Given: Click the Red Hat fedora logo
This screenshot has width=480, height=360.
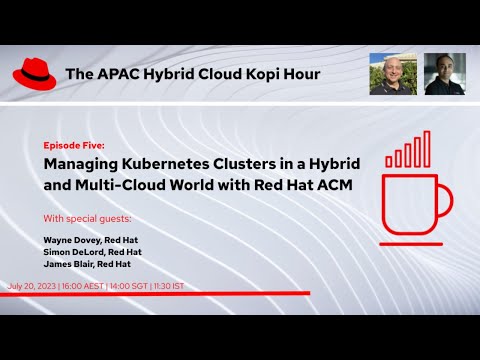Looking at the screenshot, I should (x=35, y=73).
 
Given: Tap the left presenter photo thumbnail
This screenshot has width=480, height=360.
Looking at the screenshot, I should (x=393, y=74).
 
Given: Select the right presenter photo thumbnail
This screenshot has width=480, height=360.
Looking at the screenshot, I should (x=445, y=74).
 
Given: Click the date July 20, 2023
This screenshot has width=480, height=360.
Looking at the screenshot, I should (x=31, y=286).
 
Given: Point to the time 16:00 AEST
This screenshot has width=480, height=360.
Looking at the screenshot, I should (x=86, y=286).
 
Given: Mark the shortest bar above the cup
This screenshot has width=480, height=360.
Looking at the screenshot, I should (x=390, y=160).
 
